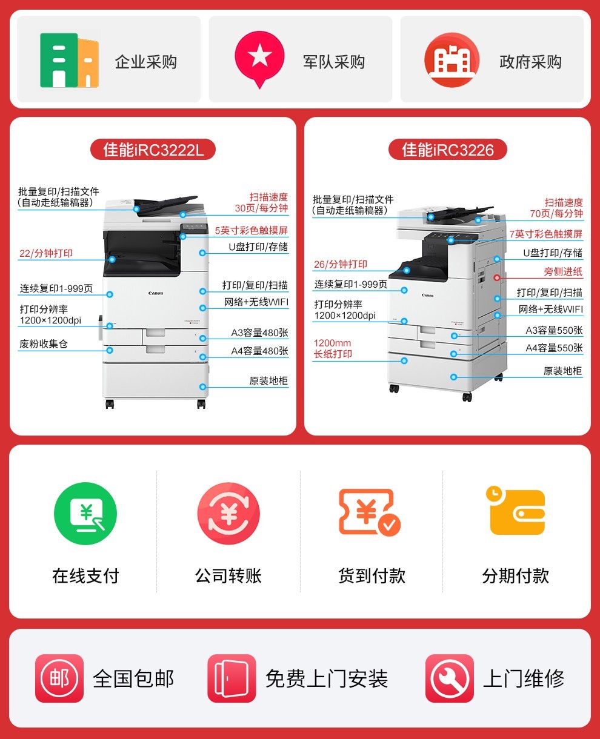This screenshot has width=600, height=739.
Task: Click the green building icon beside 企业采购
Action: (x=70, y=60)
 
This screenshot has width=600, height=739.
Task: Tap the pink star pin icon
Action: (x=259, y=59)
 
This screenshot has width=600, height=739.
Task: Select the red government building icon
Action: (x=452, y=60)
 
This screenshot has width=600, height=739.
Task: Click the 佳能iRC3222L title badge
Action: (x=153, y=150)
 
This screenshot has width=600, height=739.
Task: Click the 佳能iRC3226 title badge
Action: (x=448, y=150)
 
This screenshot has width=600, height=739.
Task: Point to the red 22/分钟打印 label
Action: (x=46, y=253)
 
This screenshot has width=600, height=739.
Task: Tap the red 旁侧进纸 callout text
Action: (x=563, y=271)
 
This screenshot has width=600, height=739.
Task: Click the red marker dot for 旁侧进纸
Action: (x=497, y=277)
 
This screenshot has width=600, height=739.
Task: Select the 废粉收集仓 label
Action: (x=44, y=344)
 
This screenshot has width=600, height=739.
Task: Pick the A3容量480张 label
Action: (x=259, y=333)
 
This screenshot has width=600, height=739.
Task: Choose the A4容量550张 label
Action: (x=554, y=348)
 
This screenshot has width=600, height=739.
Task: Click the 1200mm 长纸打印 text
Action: (x=333, y=348)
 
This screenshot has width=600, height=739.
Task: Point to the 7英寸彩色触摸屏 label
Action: (x=546, y=234)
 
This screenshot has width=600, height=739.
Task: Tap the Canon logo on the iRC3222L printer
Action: (x=156, y=293)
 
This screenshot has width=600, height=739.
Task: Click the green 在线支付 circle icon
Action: (x=85, y=514)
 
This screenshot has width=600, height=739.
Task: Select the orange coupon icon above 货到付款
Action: (x=369, y=512)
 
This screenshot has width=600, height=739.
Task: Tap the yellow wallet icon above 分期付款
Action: (x=516, y=511)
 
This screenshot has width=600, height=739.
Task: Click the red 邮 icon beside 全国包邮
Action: (x=59, y=678)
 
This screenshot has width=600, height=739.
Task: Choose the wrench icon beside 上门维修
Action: (x=450, y=678)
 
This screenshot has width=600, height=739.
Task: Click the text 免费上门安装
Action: (x=327, y=678)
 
